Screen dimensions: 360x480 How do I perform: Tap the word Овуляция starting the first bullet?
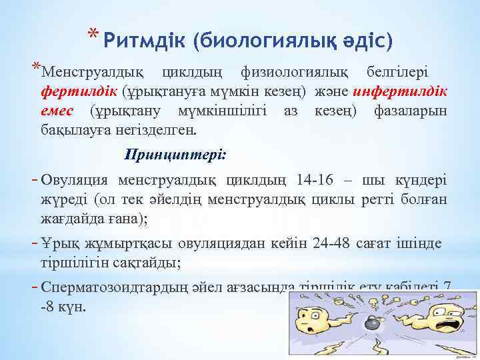click(74, 181)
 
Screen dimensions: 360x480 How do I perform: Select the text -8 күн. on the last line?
click(63, 308)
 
